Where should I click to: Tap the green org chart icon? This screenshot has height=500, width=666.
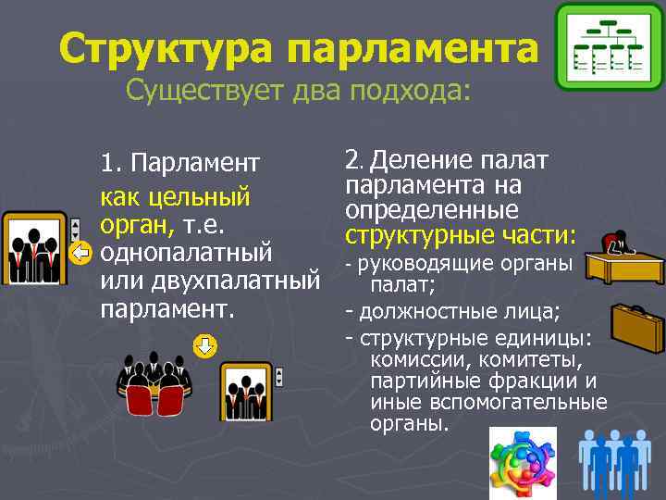click(609, 46)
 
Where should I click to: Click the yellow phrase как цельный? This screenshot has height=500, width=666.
click(176, 196)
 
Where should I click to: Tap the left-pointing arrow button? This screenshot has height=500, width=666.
click(80, 252)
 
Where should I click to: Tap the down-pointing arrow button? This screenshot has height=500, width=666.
click(205, 346)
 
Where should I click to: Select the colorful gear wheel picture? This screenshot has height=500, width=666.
click(523, 463)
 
